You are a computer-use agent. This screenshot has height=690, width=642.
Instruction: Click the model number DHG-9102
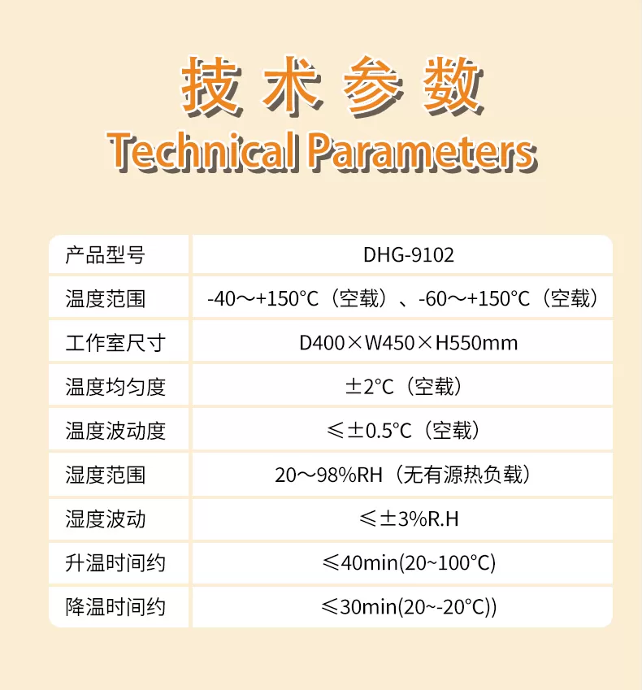(408, 255)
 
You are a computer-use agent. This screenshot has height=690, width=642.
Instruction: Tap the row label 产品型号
(105, 255)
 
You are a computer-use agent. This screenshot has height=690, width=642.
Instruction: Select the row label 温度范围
(105, 299)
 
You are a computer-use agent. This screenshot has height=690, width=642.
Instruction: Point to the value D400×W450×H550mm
(408, 343)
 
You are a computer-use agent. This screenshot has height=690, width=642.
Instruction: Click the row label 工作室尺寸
(115, 343)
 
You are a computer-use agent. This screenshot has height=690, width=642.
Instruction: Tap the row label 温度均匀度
(115, 387)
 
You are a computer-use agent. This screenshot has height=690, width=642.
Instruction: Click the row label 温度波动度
(115, 431)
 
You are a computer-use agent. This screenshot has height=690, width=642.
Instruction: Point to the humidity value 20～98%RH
(328, 475)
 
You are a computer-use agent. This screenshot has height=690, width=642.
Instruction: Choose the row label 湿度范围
(105, 475)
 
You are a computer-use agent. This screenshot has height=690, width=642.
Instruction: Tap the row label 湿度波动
(105, 519)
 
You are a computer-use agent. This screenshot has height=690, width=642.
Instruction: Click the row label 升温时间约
(115, 563)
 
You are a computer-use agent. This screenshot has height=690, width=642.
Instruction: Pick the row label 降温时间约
(115, 607)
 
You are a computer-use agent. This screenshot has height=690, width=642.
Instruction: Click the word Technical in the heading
(202, 150)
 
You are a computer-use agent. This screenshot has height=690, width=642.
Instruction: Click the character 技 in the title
(211, 86)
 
